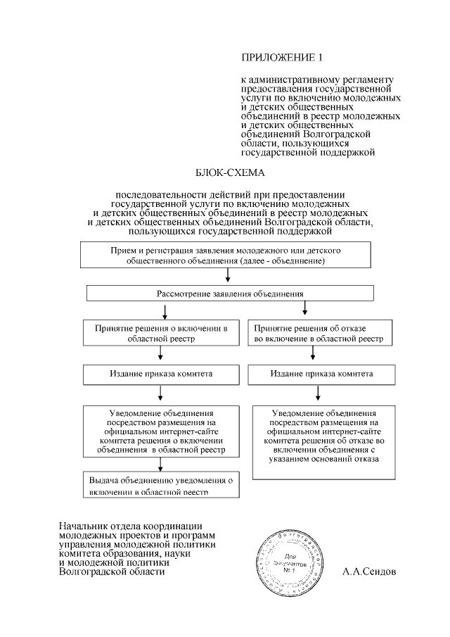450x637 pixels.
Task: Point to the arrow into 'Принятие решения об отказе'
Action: click(304, 309)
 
